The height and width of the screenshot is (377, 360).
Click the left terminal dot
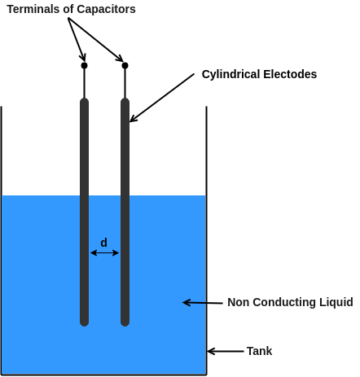[84, 65]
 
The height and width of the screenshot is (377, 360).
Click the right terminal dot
[125, 65]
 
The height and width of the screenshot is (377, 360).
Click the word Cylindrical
[230, 74]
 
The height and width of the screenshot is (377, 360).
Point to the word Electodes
[290, 74]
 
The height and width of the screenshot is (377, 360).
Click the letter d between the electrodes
[103, 243]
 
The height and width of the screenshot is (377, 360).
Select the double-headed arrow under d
[104, 253]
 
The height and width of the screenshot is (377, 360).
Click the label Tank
[259, 351]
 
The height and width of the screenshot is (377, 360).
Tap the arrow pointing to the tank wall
[225, 352]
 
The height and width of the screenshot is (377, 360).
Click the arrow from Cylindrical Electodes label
[162, 99]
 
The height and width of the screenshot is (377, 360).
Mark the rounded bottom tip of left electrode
[84, 322]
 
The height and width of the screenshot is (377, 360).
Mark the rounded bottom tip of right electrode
[125, 322]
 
